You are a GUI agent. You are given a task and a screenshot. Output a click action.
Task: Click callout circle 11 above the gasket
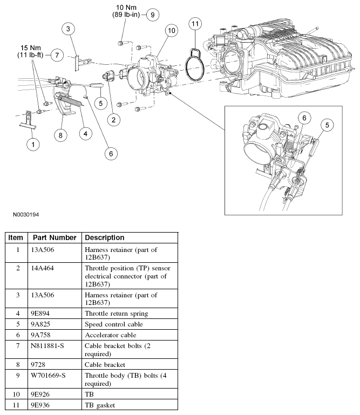tap(195, 23)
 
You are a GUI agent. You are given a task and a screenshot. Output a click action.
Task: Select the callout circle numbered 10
tap(171, 31)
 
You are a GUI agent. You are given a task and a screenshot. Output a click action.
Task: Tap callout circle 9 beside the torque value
tap(152, 15)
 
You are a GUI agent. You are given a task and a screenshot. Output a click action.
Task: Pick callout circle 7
tap(58, 55)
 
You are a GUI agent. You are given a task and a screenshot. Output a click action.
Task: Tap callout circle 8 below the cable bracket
tap(60, 135)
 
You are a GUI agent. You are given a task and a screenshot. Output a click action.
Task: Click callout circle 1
tap(33, 144)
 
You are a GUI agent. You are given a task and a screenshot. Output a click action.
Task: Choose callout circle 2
tap(113, 119)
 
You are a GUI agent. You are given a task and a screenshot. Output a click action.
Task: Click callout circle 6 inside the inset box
tap(304, 117)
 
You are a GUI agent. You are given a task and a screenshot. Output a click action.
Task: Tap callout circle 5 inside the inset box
tap(326, 124)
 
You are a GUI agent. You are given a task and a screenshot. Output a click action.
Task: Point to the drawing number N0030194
tap(23, 214)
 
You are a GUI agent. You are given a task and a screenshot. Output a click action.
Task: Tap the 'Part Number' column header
tap(53, 237)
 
